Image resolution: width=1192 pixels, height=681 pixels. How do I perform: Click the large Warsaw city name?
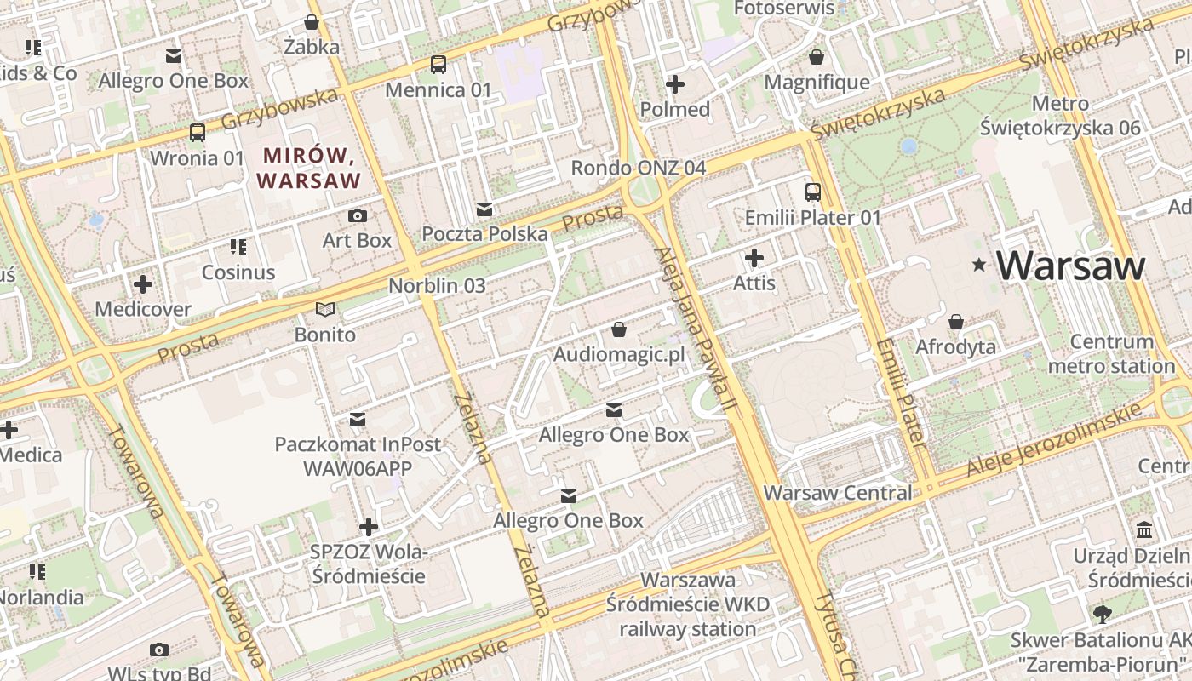(x=1071, y=266)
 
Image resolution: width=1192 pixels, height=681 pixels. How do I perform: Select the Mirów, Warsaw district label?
(x=308, y=168)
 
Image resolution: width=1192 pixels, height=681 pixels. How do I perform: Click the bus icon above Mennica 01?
(x=438, y=64)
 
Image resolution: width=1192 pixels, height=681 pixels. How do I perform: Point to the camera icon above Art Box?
(x=358, y=215)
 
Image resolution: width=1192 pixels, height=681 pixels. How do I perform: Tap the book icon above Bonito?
(x=325, y=309)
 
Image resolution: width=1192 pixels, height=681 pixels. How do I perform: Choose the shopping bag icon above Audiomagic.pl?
(x=619, y=329)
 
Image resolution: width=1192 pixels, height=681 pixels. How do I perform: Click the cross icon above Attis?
(x=754, y=257)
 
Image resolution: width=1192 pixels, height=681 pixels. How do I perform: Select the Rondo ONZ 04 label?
(x=638, y=168)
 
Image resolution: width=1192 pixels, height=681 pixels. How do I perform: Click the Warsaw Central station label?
(x=837, y=493)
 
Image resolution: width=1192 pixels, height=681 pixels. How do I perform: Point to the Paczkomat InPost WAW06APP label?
(x=358, y=456)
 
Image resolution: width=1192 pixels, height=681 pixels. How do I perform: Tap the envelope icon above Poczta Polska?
(x=484, y=209)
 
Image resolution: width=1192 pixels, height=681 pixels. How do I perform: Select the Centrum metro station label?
(x=1111, y=354)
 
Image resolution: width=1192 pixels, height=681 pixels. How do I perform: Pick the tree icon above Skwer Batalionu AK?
(x=1102, y=614)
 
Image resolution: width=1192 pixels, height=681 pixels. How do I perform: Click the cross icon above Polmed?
(x=675, y=84)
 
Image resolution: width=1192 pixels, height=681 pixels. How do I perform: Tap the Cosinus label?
(x=238, y=272)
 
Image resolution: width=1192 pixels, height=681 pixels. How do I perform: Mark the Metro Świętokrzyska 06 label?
(x=1060, y=116)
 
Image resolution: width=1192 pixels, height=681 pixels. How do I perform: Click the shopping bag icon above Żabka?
(x=312, y=22)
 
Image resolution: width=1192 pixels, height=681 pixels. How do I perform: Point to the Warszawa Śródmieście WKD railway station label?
(x=688, y=604)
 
